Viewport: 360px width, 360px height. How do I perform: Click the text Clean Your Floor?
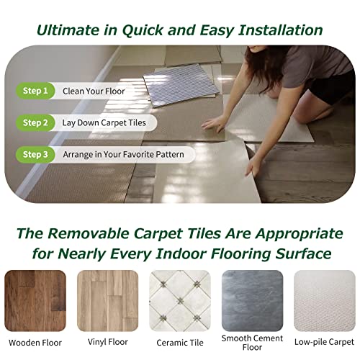click(x=94, y=91)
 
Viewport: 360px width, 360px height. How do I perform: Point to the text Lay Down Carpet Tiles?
click(x=104, y=122)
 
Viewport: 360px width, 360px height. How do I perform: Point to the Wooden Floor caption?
click(x=36, y=342)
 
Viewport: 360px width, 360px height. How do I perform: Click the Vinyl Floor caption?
click(x=107, y=342)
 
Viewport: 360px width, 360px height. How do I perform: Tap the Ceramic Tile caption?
click(x=179, y=342)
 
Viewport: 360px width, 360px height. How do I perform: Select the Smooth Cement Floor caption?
click(x=251, y=343)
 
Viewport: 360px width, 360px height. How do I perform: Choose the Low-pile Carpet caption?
click(x=323, y=342)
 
